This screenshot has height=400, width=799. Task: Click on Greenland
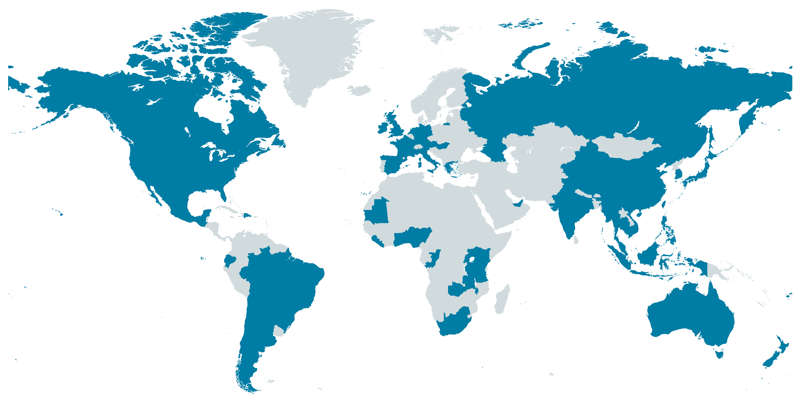[x=310, y=53]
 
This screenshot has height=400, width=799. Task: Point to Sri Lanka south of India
[x=576, y=239]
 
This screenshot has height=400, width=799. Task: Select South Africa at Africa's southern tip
[x=453, y=323]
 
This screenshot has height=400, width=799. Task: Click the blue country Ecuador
[x=230, y=260]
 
